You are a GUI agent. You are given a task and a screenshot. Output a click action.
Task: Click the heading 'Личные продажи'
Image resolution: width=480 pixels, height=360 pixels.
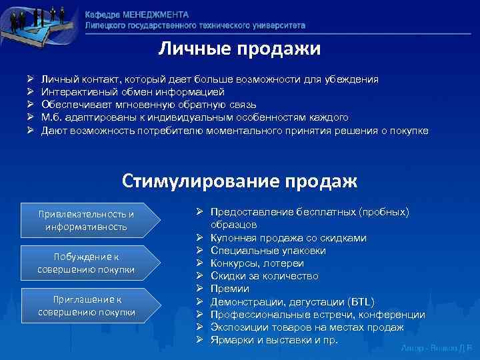pyautogui.click(x=239, y=49)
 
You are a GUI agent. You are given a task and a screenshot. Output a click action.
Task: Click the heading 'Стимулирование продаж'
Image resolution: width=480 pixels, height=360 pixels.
pyautogui.click(x=239, y=181)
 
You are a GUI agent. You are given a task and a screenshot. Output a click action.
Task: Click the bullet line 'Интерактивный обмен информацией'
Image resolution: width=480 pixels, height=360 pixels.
pyautogui.click(x=133, y=92)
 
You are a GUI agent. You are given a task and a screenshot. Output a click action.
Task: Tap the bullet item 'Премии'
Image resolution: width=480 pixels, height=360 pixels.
pyautogui.click(x=229, y=289)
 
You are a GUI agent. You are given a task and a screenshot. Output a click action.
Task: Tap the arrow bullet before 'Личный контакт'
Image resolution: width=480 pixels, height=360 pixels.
pyautogui.click(x=31, y=79)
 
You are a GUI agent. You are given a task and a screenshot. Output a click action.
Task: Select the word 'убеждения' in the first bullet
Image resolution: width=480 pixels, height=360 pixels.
pyautogui.click(x=355, y=79)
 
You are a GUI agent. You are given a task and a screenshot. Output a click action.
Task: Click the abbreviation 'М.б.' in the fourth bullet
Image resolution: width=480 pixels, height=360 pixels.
pyautogui.click(x=51, y=117)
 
